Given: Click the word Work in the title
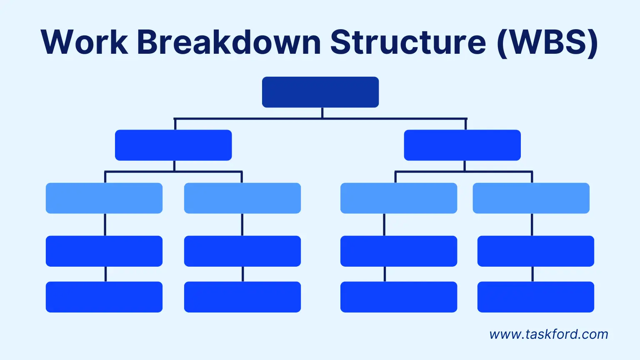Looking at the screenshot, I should pos(84,42).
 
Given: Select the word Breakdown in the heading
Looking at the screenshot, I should pos(229,42).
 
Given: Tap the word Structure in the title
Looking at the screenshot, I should pos(408,42).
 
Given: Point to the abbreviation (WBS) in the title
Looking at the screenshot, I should pos(547,43).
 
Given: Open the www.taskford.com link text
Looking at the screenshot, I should pos(549,334).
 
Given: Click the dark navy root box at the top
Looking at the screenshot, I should pos(320,92).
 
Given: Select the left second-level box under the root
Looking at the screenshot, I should pos(173,145).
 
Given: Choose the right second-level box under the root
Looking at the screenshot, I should pos(462,145).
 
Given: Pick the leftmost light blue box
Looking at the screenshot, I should pos(104,198).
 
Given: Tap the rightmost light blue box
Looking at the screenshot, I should pos(531,198).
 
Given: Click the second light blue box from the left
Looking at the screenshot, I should pos(242,198).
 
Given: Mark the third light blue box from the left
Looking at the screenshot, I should pos(399,198).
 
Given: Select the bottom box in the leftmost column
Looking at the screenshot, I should pos(104,297).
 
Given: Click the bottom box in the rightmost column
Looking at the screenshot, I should pos(535,297).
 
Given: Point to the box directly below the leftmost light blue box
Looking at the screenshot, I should pos(104,251).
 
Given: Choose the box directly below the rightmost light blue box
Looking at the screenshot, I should pos(535,251).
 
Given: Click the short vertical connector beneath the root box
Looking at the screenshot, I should pos(322,113).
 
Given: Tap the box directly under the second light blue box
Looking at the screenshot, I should pos(242,251).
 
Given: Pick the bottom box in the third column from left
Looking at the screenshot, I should pos(399,297).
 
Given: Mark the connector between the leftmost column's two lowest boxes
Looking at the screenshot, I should pos(105,274).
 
